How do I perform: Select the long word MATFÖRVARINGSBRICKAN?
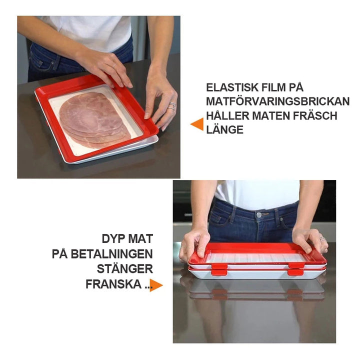[278, 101]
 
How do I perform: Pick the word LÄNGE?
[224, 129]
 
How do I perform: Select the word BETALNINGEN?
[111, 254]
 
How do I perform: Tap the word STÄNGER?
[124, 268]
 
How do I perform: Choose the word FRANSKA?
[113, 284]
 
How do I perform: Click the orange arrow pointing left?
[197, 124]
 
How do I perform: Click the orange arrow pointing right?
[156, 285]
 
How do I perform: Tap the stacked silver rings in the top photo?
[172, 106]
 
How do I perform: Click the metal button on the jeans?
[259, 215]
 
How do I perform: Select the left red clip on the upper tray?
[219, 266]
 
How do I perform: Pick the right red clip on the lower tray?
[295, 272]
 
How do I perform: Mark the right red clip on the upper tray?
[296, 265]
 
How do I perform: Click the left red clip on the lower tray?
[219, 272]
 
